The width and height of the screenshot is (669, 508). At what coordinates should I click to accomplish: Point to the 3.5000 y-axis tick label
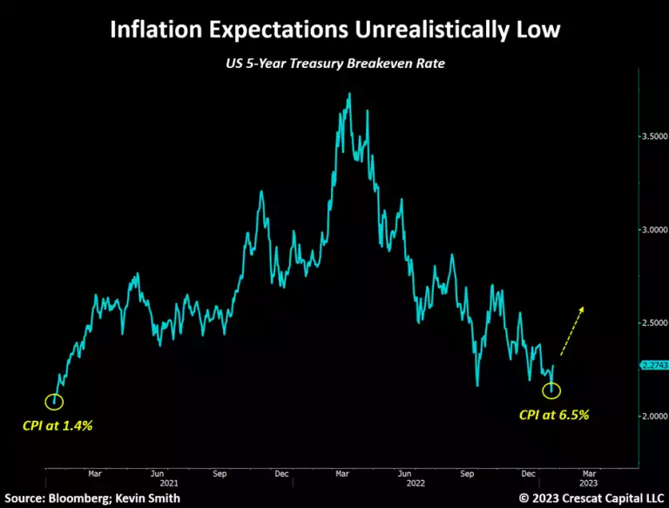point(652,137)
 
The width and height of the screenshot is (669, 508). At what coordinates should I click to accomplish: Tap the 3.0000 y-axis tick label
point(652,230)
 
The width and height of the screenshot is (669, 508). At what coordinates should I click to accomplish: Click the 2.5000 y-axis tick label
point(652,323)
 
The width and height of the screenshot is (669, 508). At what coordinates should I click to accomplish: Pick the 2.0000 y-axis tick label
point(652,417)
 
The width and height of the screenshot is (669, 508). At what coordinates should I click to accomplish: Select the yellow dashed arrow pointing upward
point(571,331)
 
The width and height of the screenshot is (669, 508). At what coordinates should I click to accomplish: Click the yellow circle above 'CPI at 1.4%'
point(54,401)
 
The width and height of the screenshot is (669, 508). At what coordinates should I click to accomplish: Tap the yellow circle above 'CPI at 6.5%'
point(551,390)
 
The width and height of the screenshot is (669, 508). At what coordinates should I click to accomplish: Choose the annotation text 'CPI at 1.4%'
point(57,427)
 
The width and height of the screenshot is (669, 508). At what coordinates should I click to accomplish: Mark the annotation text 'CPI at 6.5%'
point(554,415)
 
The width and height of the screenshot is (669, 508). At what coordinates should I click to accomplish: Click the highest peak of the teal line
point(349,93)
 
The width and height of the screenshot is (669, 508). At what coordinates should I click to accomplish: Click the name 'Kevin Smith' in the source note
point(157,498)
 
